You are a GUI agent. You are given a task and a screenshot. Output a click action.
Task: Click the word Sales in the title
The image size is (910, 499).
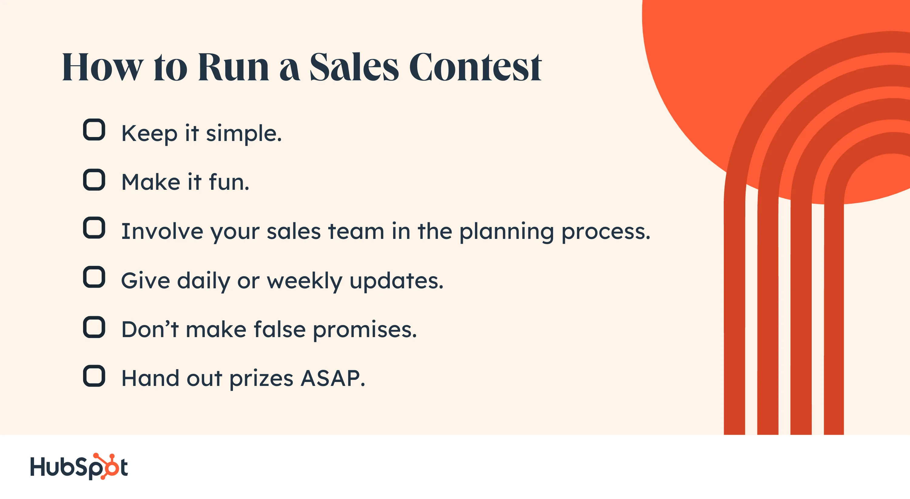tap(354, 67)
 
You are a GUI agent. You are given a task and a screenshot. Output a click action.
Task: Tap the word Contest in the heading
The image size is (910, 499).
tap(475, 67)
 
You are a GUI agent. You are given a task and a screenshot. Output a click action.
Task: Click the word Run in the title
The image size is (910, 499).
tap(234, 67)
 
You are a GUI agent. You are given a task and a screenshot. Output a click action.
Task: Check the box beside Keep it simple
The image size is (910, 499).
tap(94, 130)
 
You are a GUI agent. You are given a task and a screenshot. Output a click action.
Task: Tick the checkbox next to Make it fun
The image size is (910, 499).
tap(94, 180)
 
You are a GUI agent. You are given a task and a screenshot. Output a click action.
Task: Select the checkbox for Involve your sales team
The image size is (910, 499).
tap(94, 228)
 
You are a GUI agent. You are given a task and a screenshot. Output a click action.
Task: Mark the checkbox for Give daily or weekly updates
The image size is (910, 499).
tap(94, 277)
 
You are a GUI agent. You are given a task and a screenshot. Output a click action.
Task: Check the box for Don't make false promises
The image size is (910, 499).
tap(94, 327)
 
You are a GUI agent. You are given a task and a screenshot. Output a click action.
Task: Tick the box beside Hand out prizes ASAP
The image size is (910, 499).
tap(94, 376)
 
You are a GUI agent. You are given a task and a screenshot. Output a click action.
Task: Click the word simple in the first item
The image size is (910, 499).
tap(244, 134)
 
